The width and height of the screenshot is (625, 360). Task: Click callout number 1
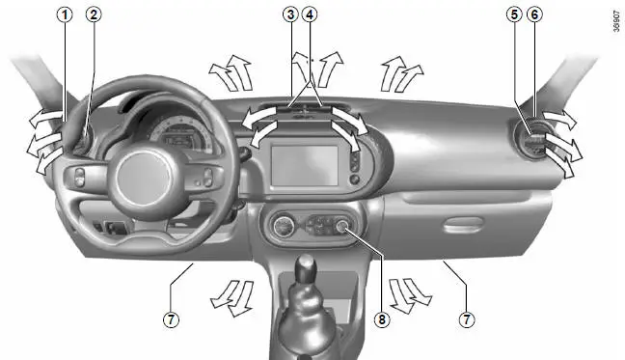(65, 14)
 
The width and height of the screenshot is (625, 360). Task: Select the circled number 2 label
(94, 14)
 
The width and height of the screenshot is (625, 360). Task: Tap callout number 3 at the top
(290, 14)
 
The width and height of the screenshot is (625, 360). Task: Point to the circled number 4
(310, 14)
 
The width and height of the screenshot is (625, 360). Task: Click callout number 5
(515, 14)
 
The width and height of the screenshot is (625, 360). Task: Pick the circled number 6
(534, 14)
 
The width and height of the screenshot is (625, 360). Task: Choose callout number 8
(382, 319)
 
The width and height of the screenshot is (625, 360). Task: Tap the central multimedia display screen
(305, 165)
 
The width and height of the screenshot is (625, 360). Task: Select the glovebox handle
(463, 225)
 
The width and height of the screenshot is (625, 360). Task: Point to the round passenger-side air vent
(533, 141)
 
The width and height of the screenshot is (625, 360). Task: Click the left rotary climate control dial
(284, 227)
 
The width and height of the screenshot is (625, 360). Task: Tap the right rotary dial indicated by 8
(341, 226)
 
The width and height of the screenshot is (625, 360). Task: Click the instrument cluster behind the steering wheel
(180, 134)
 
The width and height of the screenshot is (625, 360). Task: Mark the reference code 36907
(616, 21)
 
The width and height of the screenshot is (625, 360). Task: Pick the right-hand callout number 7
(467, 319)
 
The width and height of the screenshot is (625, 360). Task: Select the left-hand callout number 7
(171, 319)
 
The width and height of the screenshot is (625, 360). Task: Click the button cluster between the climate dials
(319, 226)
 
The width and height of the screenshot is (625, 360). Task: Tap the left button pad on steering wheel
(80, 177)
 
